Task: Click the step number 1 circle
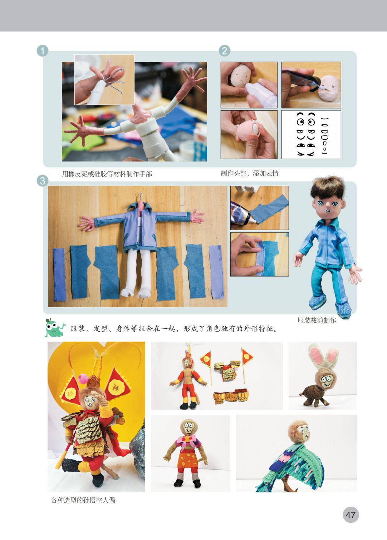(43, 51)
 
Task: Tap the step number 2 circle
(225, 51)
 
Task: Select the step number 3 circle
(43, 181)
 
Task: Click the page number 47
(351, 515)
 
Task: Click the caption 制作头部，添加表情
(250, 173)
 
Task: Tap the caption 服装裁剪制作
(317, 320)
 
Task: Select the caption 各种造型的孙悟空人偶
(83, 500)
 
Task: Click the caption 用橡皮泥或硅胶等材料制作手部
(107, 174)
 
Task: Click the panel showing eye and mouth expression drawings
(311, 135)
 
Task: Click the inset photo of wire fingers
(104, 79)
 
